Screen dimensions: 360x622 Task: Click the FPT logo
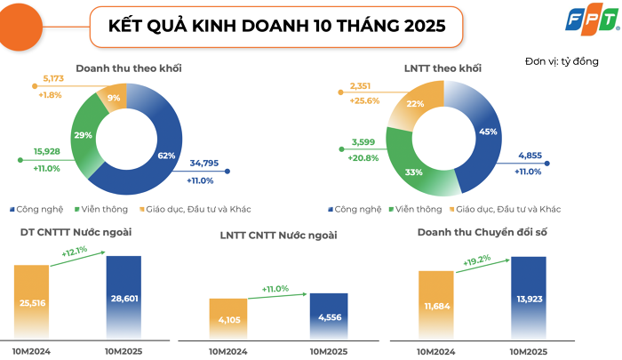point(594,27)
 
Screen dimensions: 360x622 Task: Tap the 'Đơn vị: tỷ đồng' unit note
point(562,61)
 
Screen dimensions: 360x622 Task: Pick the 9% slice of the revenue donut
point(115,98)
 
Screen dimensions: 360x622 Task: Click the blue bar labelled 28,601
point(124,296)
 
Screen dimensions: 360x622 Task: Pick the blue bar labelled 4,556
point(329,315)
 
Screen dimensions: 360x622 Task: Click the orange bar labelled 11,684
point(436,304)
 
